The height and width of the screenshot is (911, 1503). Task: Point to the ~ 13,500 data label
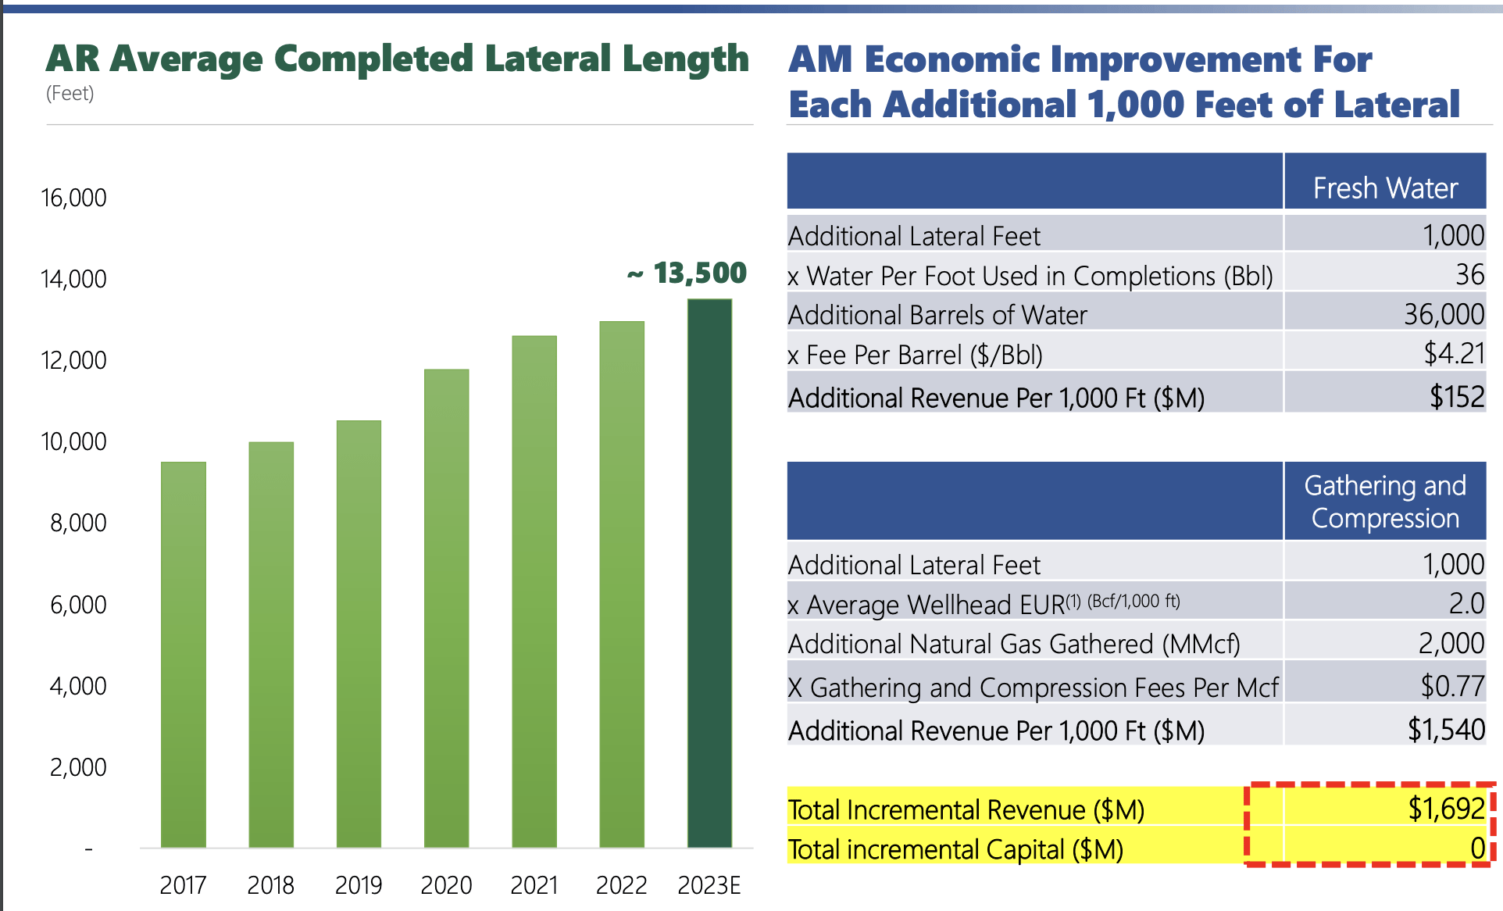pyautogui.click(x=687, y=273)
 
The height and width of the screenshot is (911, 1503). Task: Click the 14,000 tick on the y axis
pyautogui.click(x=73, y=279)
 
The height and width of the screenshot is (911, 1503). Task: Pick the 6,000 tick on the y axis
pyautogui.click(x=78, y=605)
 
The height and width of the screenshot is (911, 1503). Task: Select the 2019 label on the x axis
pyautogui.click(x=359, y=885)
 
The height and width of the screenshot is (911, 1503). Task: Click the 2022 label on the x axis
pyautogui.click(x=621, y=885)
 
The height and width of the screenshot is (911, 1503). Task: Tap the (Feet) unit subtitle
pyautogui.click(x=70, y=94)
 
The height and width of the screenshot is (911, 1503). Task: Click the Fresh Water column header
pyautogui.click(x=1385, y=188)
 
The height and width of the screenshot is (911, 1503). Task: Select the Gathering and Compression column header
pyautogui.click(x=1385, y=502)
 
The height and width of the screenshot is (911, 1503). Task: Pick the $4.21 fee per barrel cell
pyautogui.click(x=1453, y=354)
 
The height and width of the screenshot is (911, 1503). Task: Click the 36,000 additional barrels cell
pyautogui.click(x=1444, y=315)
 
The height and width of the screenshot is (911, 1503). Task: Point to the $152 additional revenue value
pyautogui.click(x=1456, y=397)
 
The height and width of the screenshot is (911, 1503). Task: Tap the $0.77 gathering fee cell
pyautogui.click(x=1451, y=686)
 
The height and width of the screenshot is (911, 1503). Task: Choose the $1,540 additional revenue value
pyautogui.click(x=1446, y=730)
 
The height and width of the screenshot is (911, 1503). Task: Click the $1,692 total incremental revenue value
pyautogui.click(x=1446, y=809)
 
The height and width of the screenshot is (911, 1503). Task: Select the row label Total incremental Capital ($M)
pyautogui.click(x=955, y=849)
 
